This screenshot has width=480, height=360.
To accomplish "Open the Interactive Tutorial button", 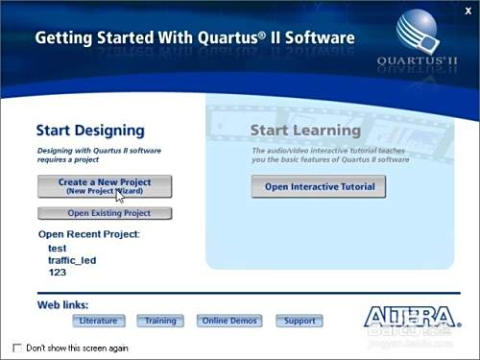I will click(x=319, y=187).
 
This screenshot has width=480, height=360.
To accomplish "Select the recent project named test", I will click(x=57, y=248).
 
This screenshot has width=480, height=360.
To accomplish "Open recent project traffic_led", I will click(x=72, y=260).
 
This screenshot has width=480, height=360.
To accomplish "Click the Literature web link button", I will click(x=99, y=321).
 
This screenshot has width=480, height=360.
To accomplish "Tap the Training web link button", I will click(x=160, y=321).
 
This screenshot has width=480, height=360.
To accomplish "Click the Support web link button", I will click(x=300, y=321).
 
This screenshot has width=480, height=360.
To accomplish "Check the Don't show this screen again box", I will click(x=17, y=348).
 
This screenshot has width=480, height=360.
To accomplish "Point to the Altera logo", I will click(x=411, y=317).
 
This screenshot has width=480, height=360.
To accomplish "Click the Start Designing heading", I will click(x=90, y=130).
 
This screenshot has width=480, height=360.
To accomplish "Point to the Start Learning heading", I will click(x=305, y=130).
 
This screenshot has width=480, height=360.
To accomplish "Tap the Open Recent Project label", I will click(x=88, y=233).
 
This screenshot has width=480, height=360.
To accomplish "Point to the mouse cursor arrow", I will click(x=120, y=197).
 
